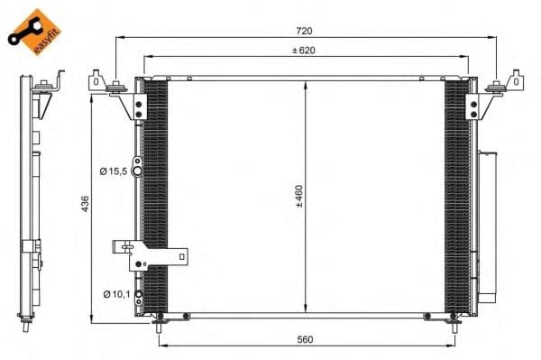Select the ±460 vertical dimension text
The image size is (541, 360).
298,198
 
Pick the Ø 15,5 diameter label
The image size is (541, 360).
114,170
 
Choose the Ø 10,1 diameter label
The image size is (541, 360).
116,294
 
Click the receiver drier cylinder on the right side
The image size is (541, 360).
487,226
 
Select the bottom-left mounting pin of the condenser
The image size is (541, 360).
160,318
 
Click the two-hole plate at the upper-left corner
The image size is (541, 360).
138,106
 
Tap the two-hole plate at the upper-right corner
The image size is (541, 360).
472,106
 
